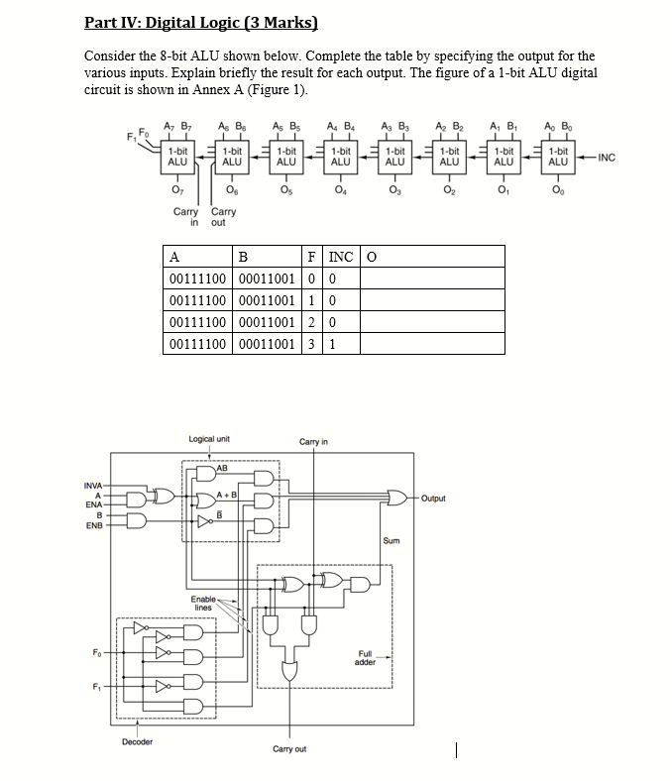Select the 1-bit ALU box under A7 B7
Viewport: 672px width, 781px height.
click(x=177, y=156)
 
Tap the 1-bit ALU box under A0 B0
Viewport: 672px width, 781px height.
click(x=558, y=156)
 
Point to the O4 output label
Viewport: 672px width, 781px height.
click(x=340, y=190)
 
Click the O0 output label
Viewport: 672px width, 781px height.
click(x=558, y=190)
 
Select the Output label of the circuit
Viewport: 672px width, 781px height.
click(x=433, y=499)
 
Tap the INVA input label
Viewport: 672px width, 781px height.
click(x=92, y=485)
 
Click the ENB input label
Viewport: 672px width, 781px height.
click(x=94, y=525)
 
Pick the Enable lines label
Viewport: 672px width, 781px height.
click(x=203, y=603)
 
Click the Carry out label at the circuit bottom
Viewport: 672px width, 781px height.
click(x=288, y=748)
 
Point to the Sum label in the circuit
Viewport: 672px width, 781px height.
click(x=391, y=541)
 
